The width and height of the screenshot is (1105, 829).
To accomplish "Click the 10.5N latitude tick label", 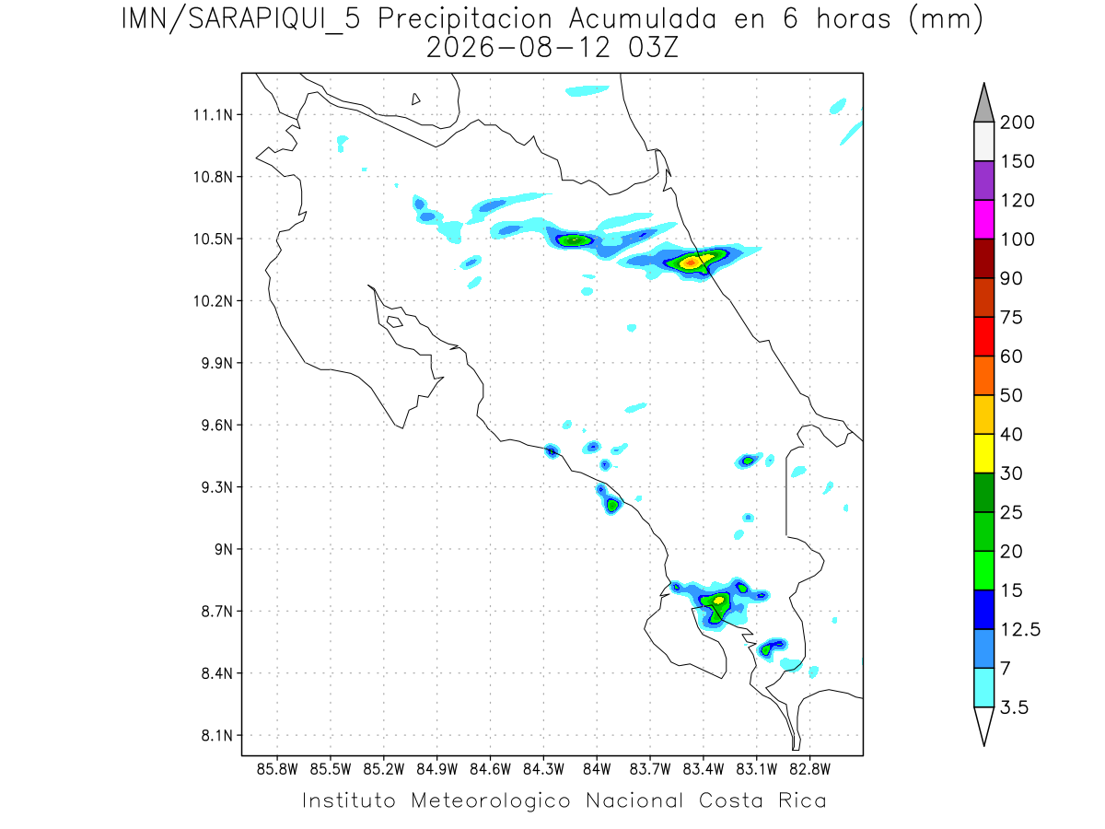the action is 213,239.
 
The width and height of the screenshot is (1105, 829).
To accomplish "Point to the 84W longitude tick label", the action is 597,770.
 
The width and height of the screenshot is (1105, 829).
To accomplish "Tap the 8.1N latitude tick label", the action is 217,736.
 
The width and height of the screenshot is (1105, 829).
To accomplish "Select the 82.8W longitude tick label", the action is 809,770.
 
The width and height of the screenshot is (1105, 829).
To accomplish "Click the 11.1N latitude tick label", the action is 213,115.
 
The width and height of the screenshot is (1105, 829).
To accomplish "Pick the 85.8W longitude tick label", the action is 277,770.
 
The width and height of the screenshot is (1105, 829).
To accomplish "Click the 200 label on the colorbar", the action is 1017,123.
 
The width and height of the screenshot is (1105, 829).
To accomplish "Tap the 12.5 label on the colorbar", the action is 1020,630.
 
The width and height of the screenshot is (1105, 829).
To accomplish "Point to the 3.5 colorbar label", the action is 1014,707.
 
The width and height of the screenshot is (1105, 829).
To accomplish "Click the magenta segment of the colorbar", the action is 983,219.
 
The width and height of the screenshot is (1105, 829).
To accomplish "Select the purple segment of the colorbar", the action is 983,181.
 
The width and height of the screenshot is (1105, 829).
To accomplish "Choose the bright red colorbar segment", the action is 983,336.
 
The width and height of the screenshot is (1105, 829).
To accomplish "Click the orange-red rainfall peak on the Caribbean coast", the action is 691,263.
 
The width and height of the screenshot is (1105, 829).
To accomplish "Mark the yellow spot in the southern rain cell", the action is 718,600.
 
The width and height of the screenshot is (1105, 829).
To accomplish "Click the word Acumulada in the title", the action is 643,19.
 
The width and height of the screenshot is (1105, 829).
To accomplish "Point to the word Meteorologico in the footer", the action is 490,801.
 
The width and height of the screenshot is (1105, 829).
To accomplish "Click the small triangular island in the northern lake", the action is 415,99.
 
